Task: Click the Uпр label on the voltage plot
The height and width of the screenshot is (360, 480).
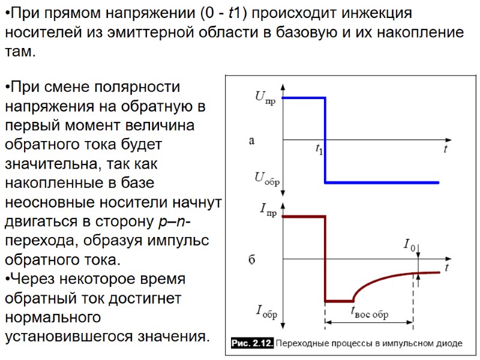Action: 266,98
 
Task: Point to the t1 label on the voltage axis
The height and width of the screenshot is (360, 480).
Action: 319,150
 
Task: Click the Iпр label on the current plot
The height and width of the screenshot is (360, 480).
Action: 268,209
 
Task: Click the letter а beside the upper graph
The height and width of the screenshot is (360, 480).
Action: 252,141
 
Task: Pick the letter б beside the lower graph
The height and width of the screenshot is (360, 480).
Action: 252,260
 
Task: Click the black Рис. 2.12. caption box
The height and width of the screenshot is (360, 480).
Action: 253,343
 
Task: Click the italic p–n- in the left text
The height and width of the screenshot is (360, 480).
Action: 174,222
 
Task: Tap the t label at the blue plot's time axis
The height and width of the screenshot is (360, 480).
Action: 445,149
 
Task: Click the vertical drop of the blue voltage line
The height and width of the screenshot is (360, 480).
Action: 325,140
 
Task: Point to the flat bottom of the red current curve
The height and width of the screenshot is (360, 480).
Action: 339,301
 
